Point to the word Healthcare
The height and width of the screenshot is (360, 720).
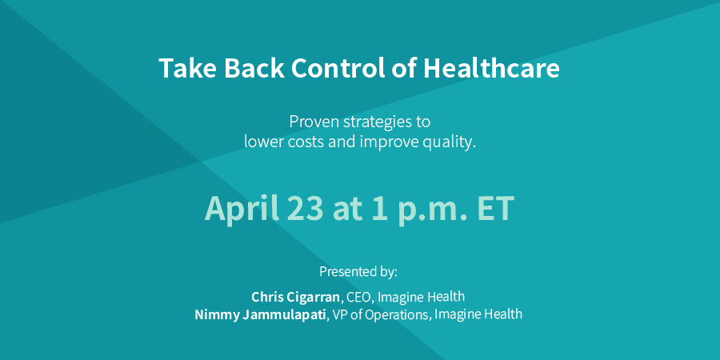[x=491, y=69]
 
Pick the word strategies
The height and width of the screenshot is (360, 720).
[x=378, y=123]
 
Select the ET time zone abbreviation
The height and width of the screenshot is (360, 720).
[x=495, y=209]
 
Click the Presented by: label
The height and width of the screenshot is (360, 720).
[x=358, y=272]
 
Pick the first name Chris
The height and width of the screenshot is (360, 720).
[x=266, y=297]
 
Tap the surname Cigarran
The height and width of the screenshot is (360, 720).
[x=312, y=298]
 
